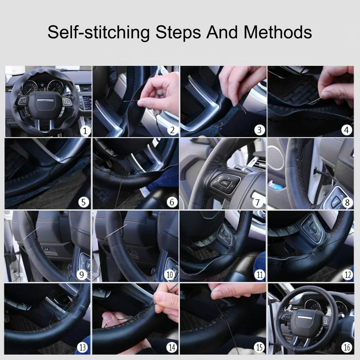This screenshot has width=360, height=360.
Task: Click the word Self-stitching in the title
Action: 98,33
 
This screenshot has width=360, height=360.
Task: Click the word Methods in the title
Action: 278,32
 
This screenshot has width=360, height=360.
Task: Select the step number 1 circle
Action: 84,130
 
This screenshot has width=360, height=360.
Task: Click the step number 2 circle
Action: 172,130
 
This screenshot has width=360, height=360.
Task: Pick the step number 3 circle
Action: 259,130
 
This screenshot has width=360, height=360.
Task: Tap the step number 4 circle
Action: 347,130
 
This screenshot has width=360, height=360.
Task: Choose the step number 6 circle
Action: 172,202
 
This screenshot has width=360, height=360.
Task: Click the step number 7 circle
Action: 259,202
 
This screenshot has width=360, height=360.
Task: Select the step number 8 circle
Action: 347,202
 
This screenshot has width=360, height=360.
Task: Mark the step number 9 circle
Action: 83,275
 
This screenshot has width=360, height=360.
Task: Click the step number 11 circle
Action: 259,275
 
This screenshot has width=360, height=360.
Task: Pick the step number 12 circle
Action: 347,275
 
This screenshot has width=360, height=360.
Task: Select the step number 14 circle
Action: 172,347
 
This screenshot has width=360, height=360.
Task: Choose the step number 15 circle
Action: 259,347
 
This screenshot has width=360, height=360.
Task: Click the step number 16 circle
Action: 347,347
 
